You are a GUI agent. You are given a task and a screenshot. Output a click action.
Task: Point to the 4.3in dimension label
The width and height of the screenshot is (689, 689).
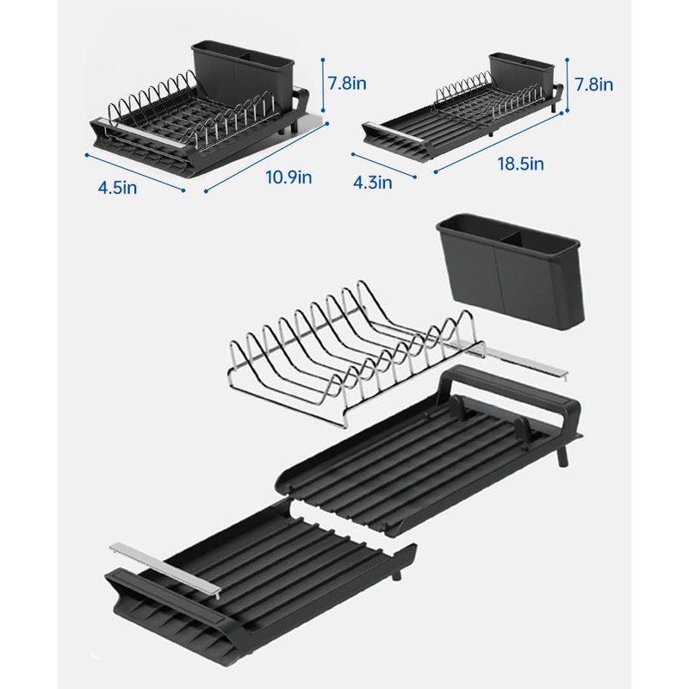pyautogui.click(x=373, y=183)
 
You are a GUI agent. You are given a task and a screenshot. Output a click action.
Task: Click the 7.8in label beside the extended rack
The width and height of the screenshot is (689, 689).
pyautogui.click(x=593, y=84)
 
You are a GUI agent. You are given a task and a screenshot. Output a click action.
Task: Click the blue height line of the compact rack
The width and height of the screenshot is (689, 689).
pyautogui.click(x=322, y=86)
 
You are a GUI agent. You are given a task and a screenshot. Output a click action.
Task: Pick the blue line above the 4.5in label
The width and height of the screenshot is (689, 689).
pyautogui.click(x=135, y=171)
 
